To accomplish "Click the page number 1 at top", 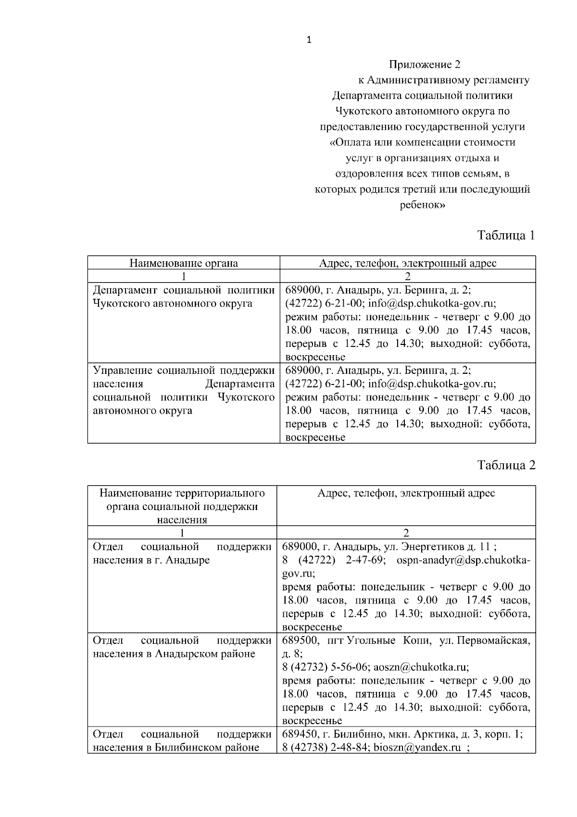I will [x=309, y=40].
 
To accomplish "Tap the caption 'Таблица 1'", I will [x=506, y=235].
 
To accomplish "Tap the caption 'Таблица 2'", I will [x=506, y=465].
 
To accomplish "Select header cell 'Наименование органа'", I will [x=184, y=263].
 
